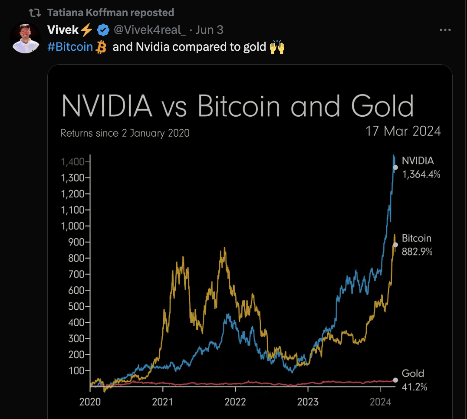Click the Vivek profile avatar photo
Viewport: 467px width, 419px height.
pos(26,38)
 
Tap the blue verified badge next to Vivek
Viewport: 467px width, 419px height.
pos(103,30)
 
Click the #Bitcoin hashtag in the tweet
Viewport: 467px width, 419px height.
pos(70,46)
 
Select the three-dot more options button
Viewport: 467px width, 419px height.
pos(446,30)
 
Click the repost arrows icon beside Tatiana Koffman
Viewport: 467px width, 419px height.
pos(35,13)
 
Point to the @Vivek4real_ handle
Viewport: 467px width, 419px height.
pos(150,30)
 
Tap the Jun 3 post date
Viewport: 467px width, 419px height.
pos(210,30)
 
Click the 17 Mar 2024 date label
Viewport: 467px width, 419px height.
pos(403,131)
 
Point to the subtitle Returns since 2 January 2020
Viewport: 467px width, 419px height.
pos(125,133)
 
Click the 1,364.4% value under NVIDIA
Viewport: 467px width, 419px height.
pos(421,174)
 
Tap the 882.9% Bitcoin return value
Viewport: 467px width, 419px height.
pos(417,252)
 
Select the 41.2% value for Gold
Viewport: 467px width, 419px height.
pos(414,387)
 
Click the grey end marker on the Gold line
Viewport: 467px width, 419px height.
pos(395,380)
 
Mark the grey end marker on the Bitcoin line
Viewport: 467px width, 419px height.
pos(395,245)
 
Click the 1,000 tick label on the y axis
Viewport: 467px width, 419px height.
pos(76,226)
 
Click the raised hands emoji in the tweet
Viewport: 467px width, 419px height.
pos(277,46)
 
